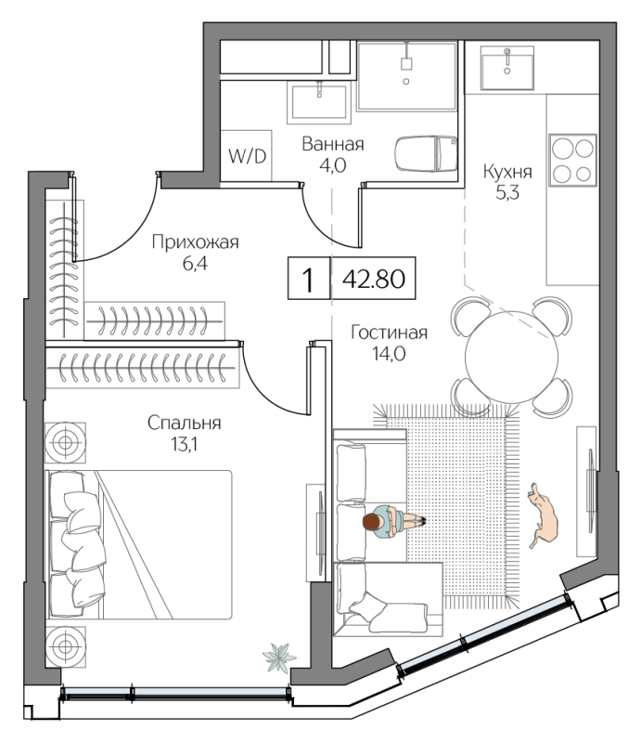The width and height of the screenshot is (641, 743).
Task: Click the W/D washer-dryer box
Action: (248, 155)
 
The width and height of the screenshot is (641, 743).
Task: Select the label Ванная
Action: (333, 144)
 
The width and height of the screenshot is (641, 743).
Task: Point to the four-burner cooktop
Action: (572, 161)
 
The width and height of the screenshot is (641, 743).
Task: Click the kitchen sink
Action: (506, 66)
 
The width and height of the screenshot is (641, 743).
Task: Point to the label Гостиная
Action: (389, 332)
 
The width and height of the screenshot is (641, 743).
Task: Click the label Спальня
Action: (184, 423)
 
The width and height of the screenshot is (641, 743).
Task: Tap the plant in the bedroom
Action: (277, 658)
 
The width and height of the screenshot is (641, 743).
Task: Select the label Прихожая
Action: (196, 243)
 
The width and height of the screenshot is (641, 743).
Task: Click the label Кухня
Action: (506, 172)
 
